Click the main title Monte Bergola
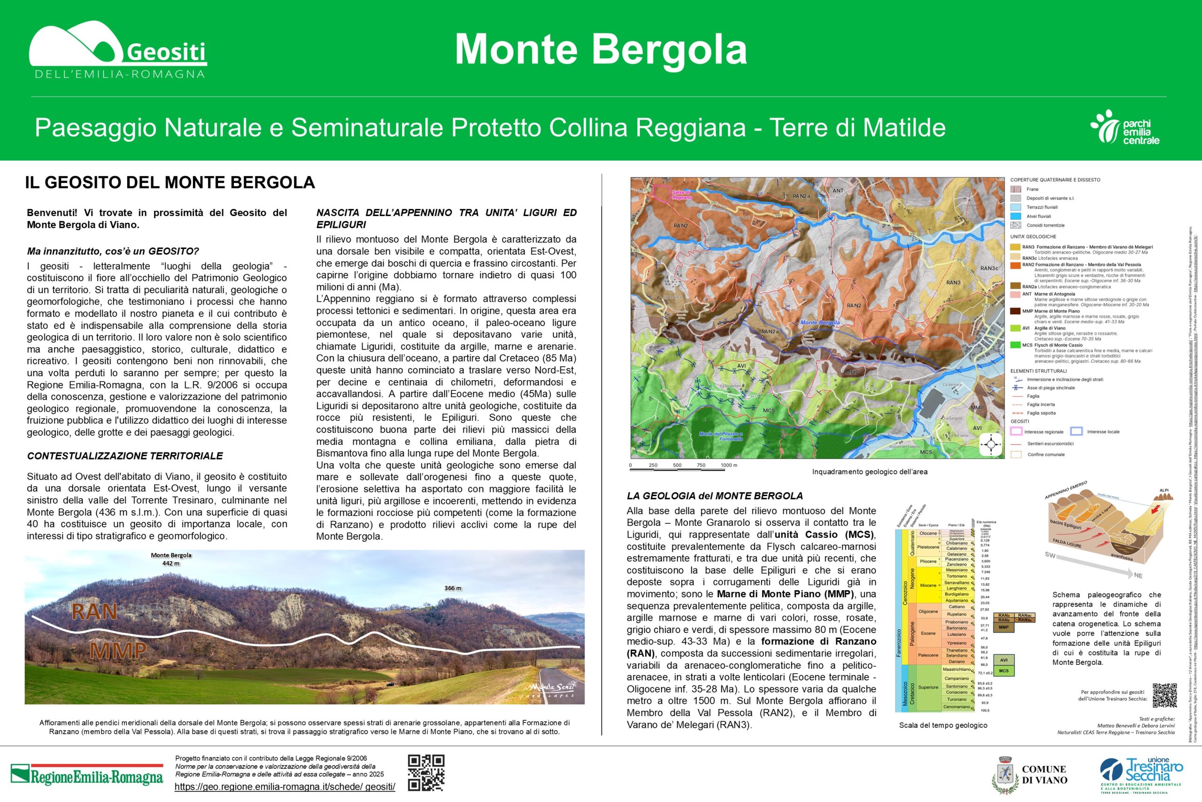(601, 50)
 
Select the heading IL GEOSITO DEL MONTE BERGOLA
(170, 183)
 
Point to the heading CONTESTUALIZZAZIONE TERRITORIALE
(125, 456)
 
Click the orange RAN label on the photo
(94, 612)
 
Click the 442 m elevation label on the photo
(171, 563)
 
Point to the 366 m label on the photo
(453, 588)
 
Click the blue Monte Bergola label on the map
(820, 323)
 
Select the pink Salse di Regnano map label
(681, 195)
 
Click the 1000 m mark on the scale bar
(729, 466)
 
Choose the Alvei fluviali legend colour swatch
(1016, 216)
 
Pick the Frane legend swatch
(1016, 189)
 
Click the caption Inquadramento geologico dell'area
(869, 472)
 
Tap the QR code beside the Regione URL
(426, 772)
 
